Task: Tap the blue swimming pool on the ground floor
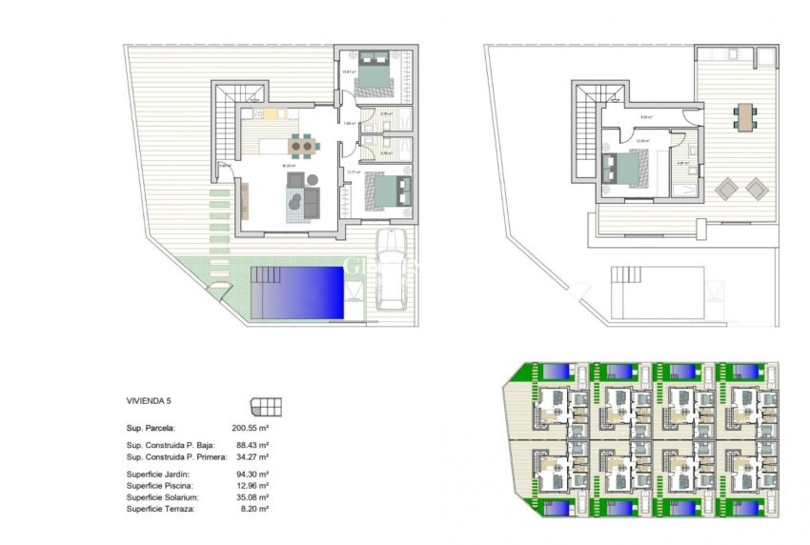tap(296, 293)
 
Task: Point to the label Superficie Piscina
tap(158, 486)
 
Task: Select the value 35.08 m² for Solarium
tap(251, 497)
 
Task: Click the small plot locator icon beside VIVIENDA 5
tap(266, 406)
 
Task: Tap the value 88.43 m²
tap(251, 445)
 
